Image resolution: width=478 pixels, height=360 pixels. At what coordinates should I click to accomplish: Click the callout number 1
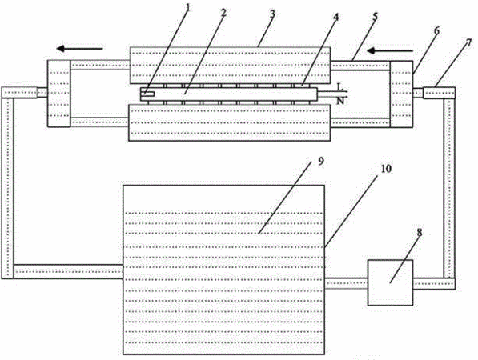[x=187, y=7]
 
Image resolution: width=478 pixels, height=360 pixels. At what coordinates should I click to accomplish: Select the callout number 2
[x=224, y=12]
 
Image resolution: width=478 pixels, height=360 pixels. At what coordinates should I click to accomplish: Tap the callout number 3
[x=272, y=14]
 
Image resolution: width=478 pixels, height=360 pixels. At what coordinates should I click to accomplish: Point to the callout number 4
[x=335, y=17]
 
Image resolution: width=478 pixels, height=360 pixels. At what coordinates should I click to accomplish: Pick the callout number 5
[x=375, y=17]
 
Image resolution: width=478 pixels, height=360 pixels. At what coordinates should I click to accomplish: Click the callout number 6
[x=436, y=30]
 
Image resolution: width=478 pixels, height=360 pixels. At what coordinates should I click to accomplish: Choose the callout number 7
[x=468, y=42]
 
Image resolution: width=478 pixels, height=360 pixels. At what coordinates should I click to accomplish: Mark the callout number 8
[x=420, y=233]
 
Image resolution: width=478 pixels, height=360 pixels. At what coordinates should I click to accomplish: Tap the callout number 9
[x=321, y=161]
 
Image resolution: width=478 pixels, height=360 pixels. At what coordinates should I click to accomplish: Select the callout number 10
[x=386, y=169]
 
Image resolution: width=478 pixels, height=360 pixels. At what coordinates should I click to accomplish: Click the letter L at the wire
[x=340, y=87]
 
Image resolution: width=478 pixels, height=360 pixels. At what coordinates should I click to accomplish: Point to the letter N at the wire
[x=340, y=101]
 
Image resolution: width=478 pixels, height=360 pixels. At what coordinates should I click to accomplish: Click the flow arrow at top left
[x=80, y=48]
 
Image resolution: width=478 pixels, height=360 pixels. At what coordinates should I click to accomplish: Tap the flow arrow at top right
[x=390, y=50]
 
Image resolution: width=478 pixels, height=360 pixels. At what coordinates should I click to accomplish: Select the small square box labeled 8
[x=390, y=282]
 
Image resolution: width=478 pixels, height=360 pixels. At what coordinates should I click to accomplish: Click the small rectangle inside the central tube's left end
[x=147, y=94]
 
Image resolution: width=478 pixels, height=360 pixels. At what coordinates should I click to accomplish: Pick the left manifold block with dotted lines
[x=59, y=94]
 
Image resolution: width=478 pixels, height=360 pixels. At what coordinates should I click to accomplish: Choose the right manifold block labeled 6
[x=401, y=94]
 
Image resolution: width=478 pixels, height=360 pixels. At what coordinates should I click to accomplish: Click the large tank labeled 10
[x=223, y=270]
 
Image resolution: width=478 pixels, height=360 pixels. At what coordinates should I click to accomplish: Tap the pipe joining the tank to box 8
[x=347, y=283]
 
